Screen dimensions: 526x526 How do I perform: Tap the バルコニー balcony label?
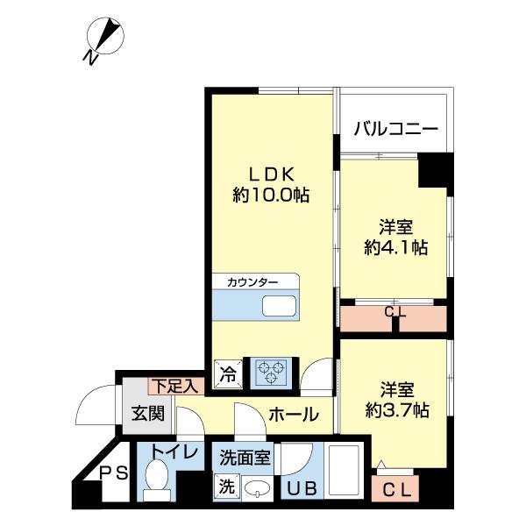click(x=395, y=130)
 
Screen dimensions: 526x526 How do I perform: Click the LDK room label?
click(x=271, y=172)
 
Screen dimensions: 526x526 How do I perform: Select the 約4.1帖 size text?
click(x=395, y=247)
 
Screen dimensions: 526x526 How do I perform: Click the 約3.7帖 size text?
click(x=396, y=409)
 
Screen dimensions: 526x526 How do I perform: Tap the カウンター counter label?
click(x=252, y=282)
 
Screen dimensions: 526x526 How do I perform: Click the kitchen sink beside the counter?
click(x=279, y=306)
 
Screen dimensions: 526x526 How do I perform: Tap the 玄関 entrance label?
click(x=148, y=413)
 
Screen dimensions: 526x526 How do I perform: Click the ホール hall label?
click(x=293, y=415)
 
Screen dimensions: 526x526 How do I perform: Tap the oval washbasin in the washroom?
click(x=256, y=489)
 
